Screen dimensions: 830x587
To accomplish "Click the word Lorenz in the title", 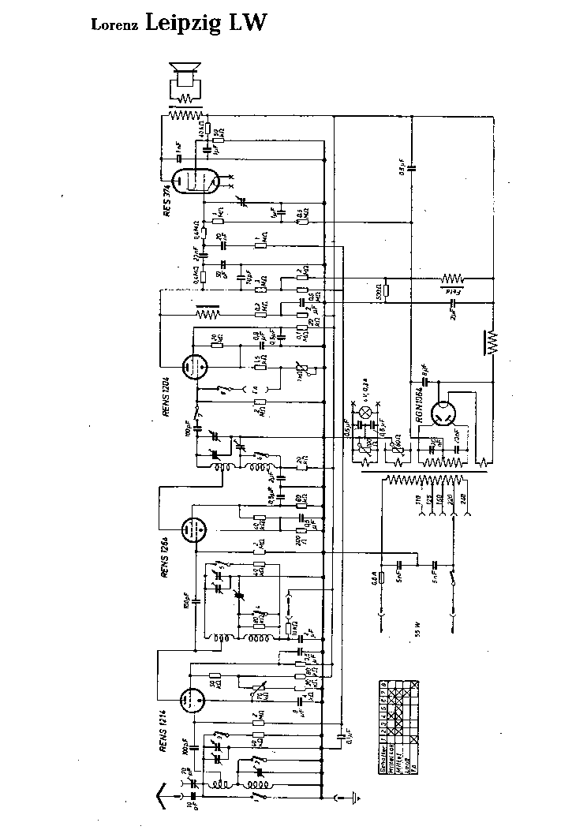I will click(116, 26).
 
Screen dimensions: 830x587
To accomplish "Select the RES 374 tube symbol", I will click(194, 181).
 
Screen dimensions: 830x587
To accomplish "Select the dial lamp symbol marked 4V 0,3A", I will click(365, 413).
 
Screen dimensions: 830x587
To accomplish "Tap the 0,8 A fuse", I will click(382, 578).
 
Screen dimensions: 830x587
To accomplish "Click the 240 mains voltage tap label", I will click(462, 499).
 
